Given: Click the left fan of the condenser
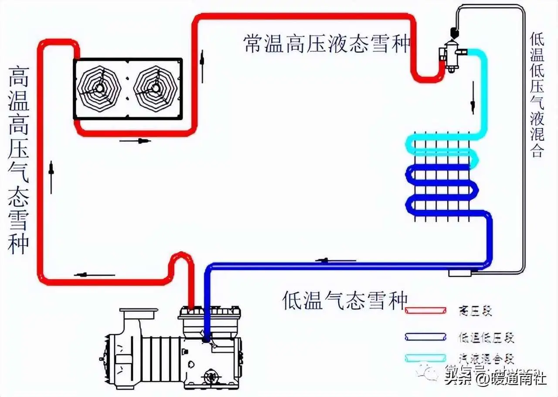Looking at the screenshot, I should click(101, 88).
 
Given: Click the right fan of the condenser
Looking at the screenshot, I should click(155, 88).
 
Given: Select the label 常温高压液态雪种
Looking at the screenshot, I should click(327, 44).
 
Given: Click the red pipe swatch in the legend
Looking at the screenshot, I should click(425, 311).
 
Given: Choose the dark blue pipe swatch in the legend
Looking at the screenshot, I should click(425, 337).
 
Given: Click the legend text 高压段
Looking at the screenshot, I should click(475, 311).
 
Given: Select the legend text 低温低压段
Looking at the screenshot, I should click(486, 337).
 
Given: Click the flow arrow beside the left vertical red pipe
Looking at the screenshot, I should click(51, 177).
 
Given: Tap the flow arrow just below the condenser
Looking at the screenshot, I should click(135, 141).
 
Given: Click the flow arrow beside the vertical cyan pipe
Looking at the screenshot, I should click(473, 100).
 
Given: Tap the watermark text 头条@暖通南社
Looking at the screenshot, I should click(495, 378).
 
